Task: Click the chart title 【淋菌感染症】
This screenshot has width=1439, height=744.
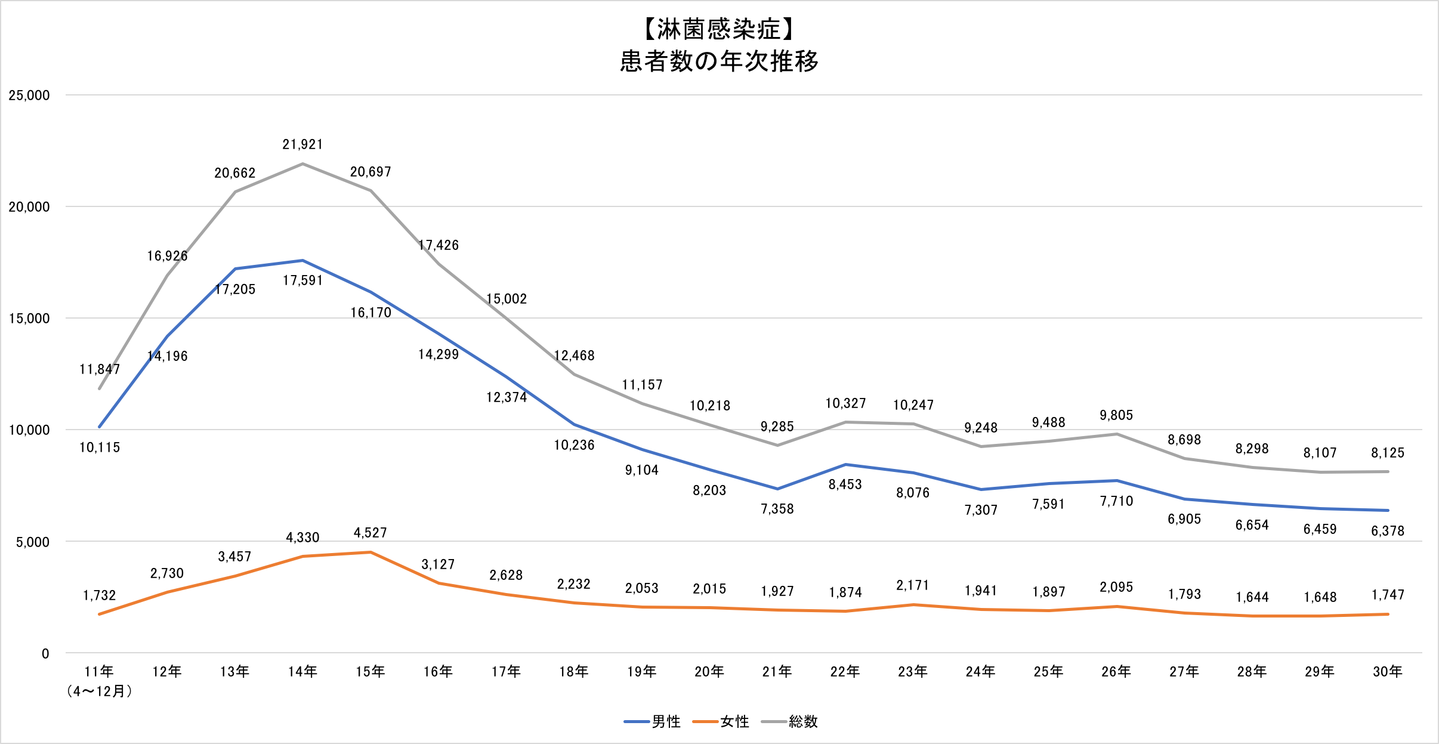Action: click(x=719, y=29)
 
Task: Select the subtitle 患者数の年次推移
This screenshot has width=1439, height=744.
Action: click(x=719, y=61)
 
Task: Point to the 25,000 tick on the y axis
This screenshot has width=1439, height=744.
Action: click(x=29, y=95)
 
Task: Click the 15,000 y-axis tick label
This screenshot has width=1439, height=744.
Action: click(x=29, y=319)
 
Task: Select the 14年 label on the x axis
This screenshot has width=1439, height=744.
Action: click(x=302, y=672)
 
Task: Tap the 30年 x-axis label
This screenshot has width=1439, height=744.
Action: click(x=1388, y=672)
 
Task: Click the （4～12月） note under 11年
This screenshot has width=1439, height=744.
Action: click(x=100, y=691)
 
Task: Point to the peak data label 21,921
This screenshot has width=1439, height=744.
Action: click(x=302, y=144)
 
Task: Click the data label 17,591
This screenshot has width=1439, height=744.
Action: click(x=302, y=280)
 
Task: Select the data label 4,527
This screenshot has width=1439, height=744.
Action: click(x=370, y=533)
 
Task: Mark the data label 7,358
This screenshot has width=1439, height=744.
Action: click(x=777, y=509)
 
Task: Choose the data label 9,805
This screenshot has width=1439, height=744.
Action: click(x=1116, y=415)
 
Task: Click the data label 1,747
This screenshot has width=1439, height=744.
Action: click(x=1388, y=595)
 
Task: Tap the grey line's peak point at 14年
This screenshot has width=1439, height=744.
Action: click(x=302, y=163)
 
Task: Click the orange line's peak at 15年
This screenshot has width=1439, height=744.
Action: click(x=370, y=552)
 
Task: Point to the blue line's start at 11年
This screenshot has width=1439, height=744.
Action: click(x=100, y=427)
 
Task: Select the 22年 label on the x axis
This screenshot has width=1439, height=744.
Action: click(x=845, y=672)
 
